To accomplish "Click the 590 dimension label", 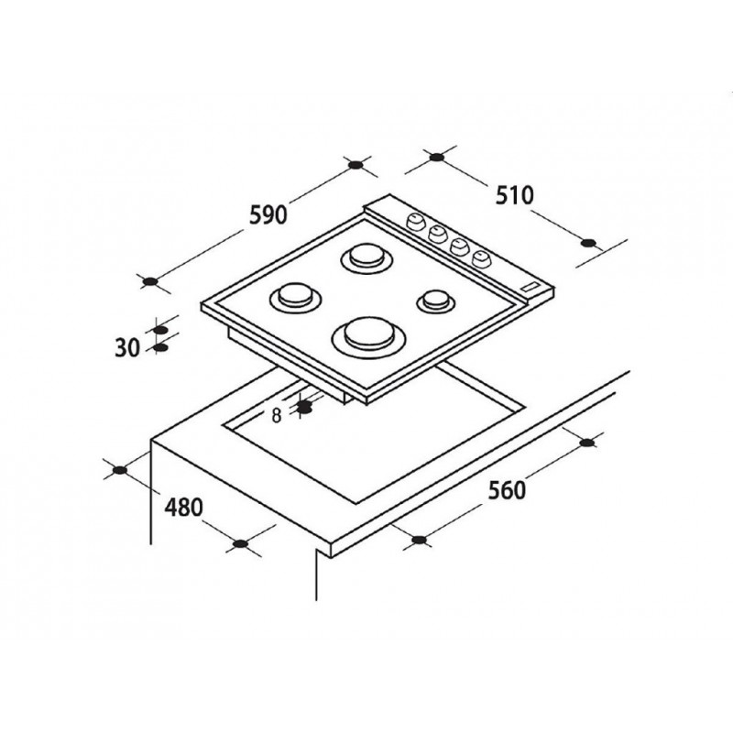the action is tap(268, 215).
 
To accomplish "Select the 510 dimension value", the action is tap(514, 195).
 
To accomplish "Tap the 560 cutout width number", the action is tap(508, 490).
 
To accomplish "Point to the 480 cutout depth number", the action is tap(184, 508).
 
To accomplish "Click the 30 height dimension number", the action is tap(127, 348).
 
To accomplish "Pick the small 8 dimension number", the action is tap(277, 416).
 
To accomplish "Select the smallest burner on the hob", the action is tap(435, 300).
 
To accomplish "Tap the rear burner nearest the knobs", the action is tap(366, 257).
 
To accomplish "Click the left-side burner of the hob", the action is tap(295, 296).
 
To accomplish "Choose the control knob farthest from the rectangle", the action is tap(415, 221).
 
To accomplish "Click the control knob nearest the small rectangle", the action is tap(479, 258).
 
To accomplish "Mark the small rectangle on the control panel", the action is tap(531, 288).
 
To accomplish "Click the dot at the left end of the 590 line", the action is tap(150, 281).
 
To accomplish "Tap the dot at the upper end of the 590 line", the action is tap(356, 165).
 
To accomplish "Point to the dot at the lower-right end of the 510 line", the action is tap(588, 243).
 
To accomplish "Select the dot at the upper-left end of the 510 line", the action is tap(436, 157).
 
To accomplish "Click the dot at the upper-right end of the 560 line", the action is tap(586, 443).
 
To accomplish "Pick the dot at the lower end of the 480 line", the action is tap(240, 543).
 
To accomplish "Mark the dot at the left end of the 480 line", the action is tap(120, 470).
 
